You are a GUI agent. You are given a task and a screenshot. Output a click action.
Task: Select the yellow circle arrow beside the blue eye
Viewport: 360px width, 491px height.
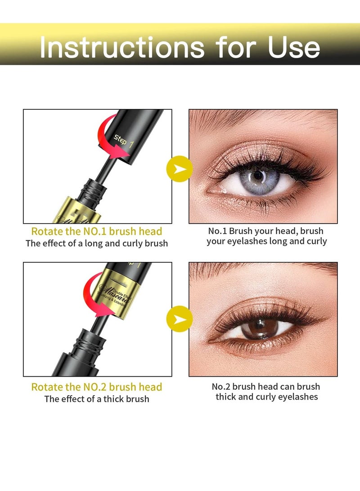(180, 169)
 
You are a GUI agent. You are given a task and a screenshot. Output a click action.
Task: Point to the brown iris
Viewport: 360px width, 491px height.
(257, 329)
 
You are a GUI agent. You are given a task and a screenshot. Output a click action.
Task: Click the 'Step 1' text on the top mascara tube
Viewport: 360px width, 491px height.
(125, 141)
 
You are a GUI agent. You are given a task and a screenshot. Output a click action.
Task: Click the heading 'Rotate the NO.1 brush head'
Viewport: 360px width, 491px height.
(96, 231)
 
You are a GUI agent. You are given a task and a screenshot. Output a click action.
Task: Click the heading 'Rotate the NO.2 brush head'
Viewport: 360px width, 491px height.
(96, 387)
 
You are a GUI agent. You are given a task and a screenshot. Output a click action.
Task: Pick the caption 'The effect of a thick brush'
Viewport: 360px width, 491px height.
(96, 399)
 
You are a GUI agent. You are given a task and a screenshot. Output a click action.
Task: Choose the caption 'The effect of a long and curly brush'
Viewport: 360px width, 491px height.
(96, 243)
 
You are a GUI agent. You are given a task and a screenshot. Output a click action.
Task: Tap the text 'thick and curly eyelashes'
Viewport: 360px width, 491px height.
(266, 396)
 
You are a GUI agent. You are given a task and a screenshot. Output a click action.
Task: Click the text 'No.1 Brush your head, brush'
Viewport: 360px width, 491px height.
(265, 231)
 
